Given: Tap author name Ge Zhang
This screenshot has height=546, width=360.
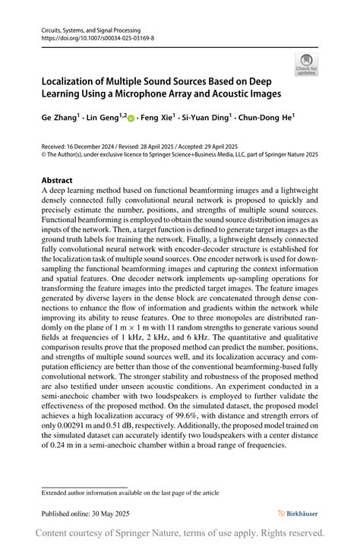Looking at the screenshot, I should [x=58, y=118].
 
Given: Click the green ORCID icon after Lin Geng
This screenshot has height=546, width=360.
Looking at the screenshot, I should [x=131, y=118].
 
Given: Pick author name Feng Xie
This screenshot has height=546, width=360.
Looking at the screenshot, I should [x=157, y=118].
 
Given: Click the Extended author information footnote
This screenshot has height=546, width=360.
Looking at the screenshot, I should [x=130, y=493].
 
